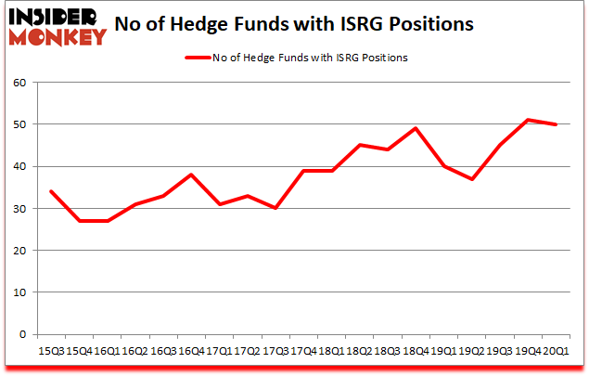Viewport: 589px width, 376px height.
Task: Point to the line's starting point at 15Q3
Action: pyautogui.click(x=50, y=191)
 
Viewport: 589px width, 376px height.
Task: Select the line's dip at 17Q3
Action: pyautogui.click(x=275, y=208)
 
